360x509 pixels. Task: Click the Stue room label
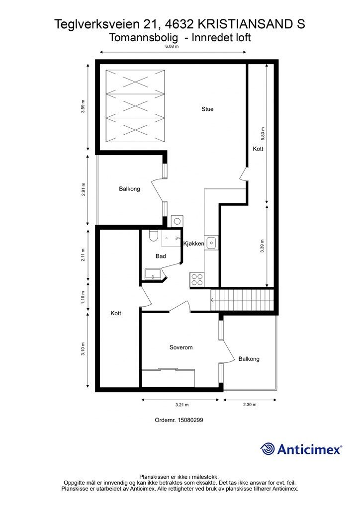pos(207,109)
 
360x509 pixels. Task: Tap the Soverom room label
pos(180,347)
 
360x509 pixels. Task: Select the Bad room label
pos(160,256)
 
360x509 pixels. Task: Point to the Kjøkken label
pos(194,244)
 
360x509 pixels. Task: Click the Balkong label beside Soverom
pos(249,358)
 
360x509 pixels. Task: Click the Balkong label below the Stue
pos(129,189)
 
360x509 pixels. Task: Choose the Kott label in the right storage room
pos(258,149)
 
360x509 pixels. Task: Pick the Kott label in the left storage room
pos(116,313)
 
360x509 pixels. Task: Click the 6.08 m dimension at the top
pos(172,46)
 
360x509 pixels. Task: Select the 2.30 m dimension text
pos(250,405)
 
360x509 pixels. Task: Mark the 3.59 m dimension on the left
pos(83,107)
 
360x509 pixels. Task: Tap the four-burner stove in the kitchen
pos(197,279)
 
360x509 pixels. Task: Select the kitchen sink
pos(211,243)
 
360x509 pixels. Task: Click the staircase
pos(243,300)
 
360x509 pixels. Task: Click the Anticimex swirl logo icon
pos(268,449)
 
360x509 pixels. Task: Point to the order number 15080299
pos(180,420)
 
